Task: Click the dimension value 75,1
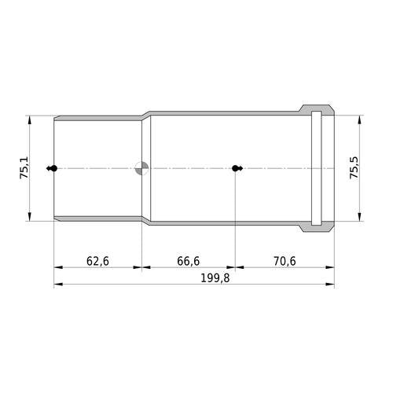25,168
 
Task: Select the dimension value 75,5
354,168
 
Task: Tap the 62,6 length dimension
97,261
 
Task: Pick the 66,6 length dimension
188,261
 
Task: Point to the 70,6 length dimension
285,261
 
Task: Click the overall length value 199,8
215,278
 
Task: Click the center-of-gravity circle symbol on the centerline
141,168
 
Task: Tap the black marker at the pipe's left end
52,168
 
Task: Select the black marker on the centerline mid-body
237,168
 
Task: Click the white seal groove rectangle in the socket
316,168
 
